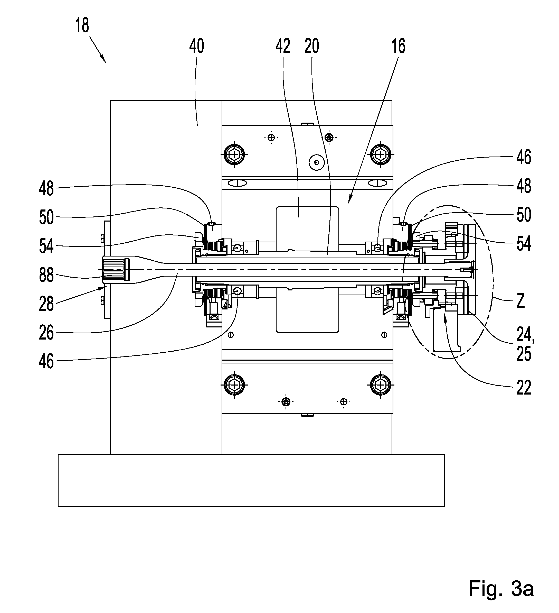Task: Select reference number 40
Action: [x=196, y=46]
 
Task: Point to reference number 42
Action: [x=283, y=46]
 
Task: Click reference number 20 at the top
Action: [x=312, y=46]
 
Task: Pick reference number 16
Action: [x=398, y=46]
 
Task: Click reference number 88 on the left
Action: [x=46, y=275]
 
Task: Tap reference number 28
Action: [x=46, y=304]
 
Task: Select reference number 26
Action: [x=46, y=332]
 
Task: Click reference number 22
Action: [x=524, y=387]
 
